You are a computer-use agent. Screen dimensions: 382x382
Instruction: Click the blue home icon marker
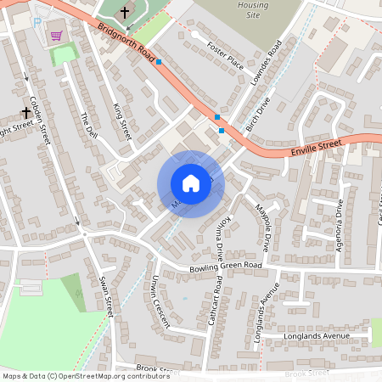pyautogui.click(x=191, y=183)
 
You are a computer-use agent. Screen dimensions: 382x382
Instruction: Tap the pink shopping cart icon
pyautogui.click(x=57, y=36)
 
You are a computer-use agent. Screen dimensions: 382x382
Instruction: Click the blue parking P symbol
pyautogui.click(x=37, y=21)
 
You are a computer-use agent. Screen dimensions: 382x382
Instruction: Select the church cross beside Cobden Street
pyautogui.click(x=25, y=111)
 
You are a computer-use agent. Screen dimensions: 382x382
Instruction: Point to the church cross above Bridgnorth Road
pyautogui.click(x=125, y=13)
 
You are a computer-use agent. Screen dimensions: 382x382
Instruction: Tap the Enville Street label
pyautogui.click(x=316, y=147)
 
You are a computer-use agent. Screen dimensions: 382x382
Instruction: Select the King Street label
pyautogui.click(x=123, y=121)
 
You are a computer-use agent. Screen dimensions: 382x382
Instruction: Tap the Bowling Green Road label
pyautogui.click(x=225, y=265)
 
